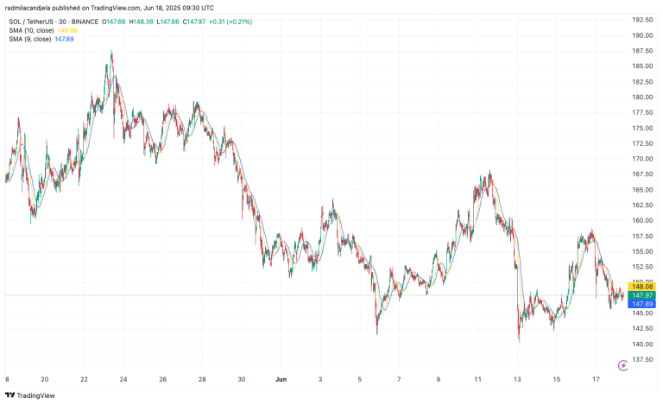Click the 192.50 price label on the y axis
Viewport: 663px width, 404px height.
pyautogui.click(x=640, y=20)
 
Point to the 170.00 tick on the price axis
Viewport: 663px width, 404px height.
pyautogui.click(x=640, y=159)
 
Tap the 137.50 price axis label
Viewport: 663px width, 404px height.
pyautogui.click(x=640, y=359)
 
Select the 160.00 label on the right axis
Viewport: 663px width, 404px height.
pyautogui.click(x=640, y=220)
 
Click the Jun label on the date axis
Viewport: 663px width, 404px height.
pyautogui.click(x=280, y=379)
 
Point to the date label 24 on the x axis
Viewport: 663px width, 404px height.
pyautogui.click(x=123, y=379)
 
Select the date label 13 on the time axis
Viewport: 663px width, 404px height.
pyautogui.click(x=517, y=379)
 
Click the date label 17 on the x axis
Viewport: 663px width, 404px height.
pyautogui.click(x=596, y=379)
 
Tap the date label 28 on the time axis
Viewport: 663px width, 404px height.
pyautogui.click(x=202, y=379)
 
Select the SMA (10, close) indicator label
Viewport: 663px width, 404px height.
pyautogui.click(x=30, y=30)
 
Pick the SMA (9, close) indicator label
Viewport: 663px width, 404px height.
pyautogui.click(x=28, y=39)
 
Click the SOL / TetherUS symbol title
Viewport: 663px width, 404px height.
pyautogui.click(x=30, y=21)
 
